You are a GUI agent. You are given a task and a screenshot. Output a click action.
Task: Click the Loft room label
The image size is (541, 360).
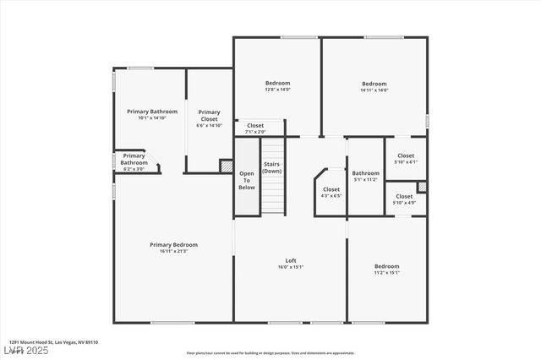point(291,260)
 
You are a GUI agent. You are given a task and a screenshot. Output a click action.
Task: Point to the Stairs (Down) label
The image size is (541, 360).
point(271,166)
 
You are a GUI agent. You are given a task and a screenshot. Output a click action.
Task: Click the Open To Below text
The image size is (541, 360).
point(247,180)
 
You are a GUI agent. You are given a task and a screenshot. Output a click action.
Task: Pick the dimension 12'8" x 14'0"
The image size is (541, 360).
point(278,90)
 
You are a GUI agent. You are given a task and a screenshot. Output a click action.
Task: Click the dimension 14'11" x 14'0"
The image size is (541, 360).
point(374,90)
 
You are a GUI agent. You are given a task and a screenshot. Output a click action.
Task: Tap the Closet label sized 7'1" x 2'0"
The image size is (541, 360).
point(255,125)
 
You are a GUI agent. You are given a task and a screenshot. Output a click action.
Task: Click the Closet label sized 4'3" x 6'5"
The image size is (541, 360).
point(331,189)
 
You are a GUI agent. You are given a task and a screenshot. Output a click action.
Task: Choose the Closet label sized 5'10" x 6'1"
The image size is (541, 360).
point(406,155)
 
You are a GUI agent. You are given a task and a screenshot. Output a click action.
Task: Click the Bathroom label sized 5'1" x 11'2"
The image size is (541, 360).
point(366,173)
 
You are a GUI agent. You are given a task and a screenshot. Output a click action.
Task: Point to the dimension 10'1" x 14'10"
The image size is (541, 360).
point(152,118)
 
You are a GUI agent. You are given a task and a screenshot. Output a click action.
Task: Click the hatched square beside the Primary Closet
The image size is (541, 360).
point(226,166)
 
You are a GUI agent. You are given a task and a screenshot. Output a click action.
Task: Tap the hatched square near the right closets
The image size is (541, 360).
point(422,187)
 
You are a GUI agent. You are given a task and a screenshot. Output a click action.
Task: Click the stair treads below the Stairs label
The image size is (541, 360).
point(271,194)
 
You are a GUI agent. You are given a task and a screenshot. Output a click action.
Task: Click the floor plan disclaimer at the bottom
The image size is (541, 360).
point(270,353)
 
